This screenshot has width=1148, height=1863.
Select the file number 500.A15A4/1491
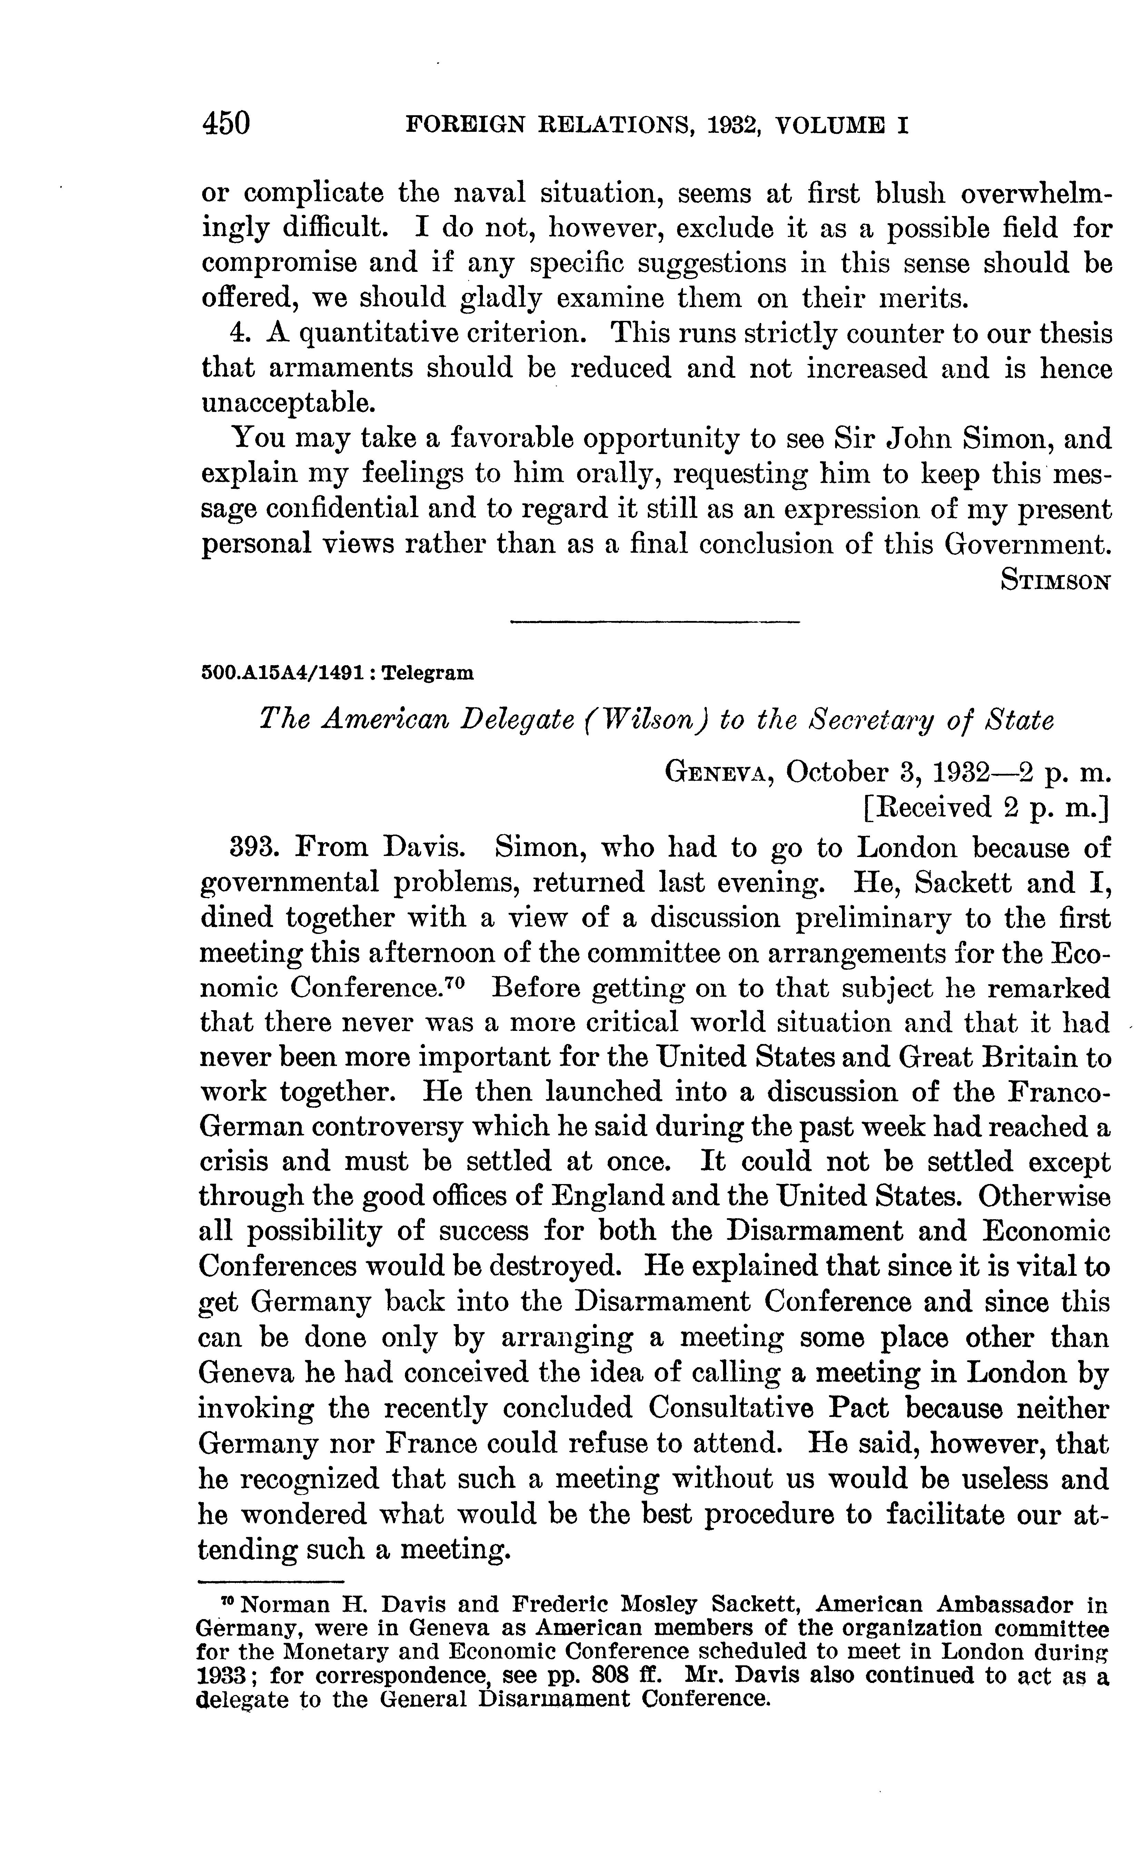[286, 673]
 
